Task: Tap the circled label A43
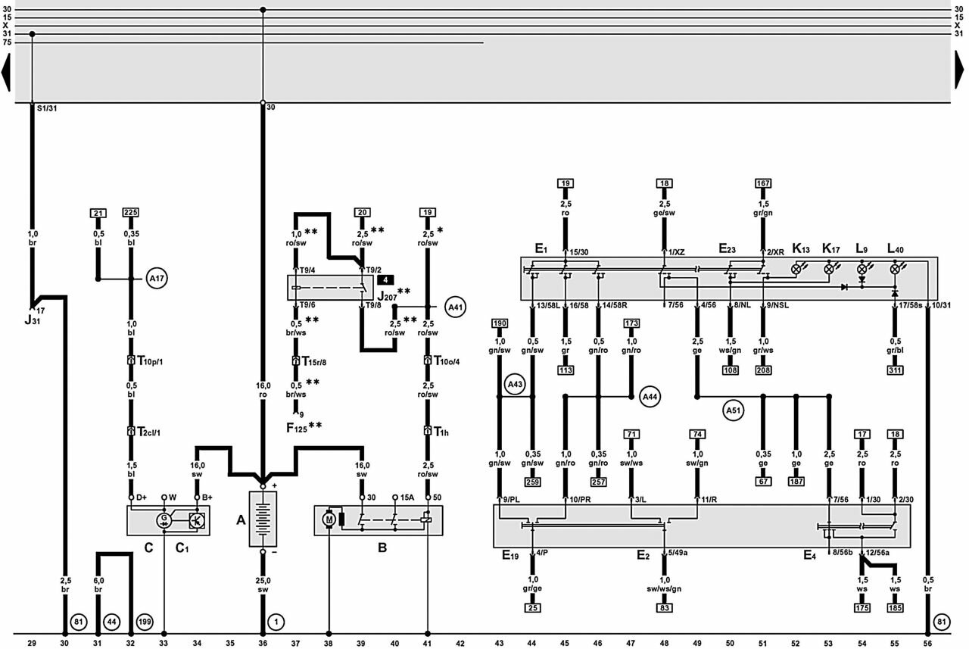516,385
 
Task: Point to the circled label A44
650,395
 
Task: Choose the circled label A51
732,411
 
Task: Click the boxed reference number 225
131,213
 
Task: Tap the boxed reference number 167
763,183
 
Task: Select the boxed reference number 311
896,371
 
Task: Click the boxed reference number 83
664,607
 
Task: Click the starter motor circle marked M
329,520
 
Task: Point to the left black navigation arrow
6,74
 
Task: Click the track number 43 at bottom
499,644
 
